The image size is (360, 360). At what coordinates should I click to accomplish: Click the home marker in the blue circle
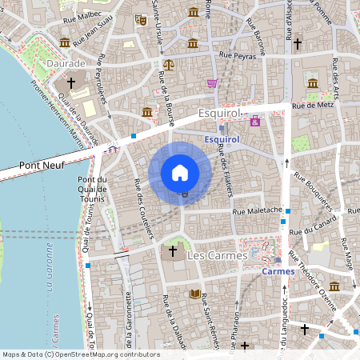click(x=180, y=172)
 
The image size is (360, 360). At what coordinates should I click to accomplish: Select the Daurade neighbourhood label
click(x=66, y=62)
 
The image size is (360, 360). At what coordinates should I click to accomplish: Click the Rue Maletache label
click(x=257, y=211)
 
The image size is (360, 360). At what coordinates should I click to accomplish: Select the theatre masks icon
click(x=141, y=19)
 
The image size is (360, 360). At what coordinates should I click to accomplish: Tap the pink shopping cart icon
click(x=212, y=83)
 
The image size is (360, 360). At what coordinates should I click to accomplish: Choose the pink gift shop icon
click(x=255, y=121)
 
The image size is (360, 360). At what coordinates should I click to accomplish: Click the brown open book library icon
click(x=194, y=294)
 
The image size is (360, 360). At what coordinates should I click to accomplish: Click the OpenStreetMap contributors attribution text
click(x=81, y=354)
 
